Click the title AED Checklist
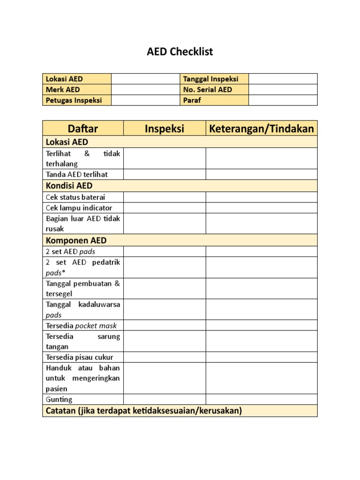180,52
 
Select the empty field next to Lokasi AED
145,79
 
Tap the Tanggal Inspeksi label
211,79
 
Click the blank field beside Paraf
283,100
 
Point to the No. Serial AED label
208,90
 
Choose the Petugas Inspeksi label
74,100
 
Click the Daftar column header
83,128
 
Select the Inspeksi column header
165,128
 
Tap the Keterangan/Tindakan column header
262,128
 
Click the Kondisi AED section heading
69,186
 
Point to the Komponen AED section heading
76,240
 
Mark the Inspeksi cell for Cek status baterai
165,197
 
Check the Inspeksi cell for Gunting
165,399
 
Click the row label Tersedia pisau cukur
80,357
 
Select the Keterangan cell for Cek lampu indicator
262,208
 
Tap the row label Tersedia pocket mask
81,326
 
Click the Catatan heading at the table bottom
144,411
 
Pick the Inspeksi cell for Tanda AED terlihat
165,174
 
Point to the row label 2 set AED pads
70,252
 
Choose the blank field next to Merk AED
145,90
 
